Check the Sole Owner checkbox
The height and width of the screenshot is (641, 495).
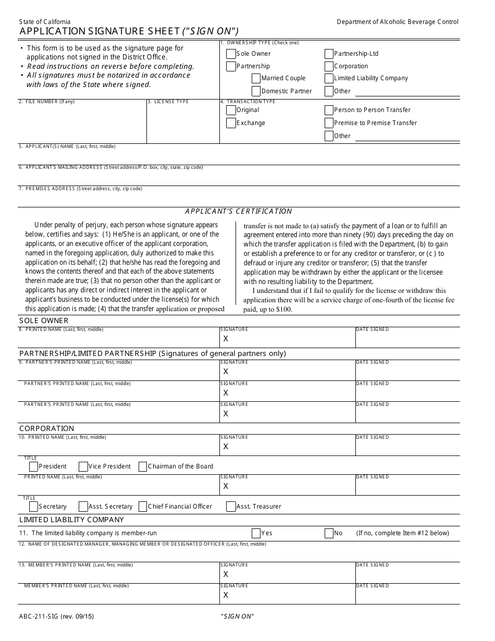pos(231,54)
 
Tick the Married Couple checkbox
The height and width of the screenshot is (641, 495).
pos(256,79)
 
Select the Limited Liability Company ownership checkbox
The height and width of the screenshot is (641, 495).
pos(329,79)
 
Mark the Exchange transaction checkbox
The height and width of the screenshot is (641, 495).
pos(231,124)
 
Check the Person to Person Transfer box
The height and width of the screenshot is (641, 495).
pos(329,110)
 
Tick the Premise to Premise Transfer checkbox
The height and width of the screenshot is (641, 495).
pos(329,124)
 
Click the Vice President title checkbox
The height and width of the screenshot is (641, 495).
pos(83,467)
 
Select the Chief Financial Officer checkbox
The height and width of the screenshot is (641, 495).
pos(143,507)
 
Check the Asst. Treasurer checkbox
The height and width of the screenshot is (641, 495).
pos(231,507)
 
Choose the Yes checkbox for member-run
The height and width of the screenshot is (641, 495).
pos(256,534)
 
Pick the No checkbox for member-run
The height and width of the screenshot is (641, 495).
pos(329,534)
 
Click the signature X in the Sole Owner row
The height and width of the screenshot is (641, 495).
pos(226,339)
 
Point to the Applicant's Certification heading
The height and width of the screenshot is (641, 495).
pos(239,211)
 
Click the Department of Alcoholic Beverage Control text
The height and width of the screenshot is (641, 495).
pos(398,22)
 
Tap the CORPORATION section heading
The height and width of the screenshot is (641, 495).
pos(47,428)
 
